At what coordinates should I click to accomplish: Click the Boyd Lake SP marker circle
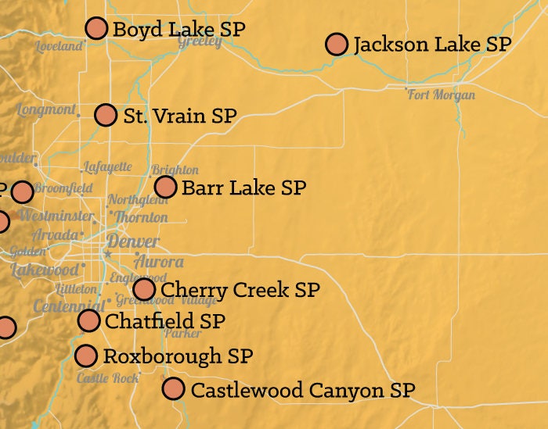[96, 28]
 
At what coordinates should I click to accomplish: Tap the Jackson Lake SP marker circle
[337, 44]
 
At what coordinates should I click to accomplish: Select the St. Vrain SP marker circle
[106, 115]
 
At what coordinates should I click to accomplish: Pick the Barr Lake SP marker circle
[165, 187]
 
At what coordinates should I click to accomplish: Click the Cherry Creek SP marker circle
[144, 289]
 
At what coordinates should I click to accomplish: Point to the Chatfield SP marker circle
[89, 320]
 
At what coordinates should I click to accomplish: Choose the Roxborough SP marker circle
[86, 356]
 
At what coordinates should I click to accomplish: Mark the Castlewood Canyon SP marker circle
[173, 388]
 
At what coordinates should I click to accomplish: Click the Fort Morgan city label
[442, 95]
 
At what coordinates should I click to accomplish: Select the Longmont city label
[46, 109]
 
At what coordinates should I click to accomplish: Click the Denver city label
[133, 241]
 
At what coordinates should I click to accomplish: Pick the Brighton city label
[175, 170]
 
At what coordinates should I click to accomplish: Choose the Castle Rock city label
[106, 377]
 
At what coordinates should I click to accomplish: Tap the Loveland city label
[59, 47]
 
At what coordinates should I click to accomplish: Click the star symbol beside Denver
[108, 254]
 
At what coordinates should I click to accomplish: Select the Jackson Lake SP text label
[431, 44]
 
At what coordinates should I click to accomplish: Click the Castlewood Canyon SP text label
[302, 389]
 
